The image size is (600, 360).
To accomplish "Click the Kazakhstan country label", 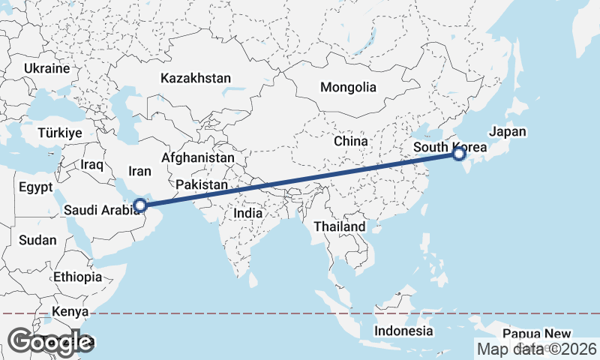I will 196,78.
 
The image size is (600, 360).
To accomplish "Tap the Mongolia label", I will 348,87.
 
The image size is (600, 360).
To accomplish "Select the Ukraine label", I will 46,68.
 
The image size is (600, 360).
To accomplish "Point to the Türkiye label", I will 59,133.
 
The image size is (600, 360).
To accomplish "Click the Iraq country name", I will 91,163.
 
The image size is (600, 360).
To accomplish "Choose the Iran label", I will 139,171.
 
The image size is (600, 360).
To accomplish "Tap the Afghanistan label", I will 198,158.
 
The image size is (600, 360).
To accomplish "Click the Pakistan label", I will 202,184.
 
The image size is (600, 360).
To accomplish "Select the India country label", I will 248,213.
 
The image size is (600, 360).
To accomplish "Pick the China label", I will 351,141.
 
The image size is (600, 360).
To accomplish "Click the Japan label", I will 508,131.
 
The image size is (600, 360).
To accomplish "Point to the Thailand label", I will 340,226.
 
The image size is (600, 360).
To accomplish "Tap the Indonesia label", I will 404,331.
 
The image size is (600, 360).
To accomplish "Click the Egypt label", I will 35,187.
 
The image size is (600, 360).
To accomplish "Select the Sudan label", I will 37,241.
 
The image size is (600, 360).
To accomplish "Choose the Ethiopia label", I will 77,277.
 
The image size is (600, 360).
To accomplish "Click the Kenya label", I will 70,311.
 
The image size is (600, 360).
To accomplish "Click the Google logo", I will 50,341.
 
